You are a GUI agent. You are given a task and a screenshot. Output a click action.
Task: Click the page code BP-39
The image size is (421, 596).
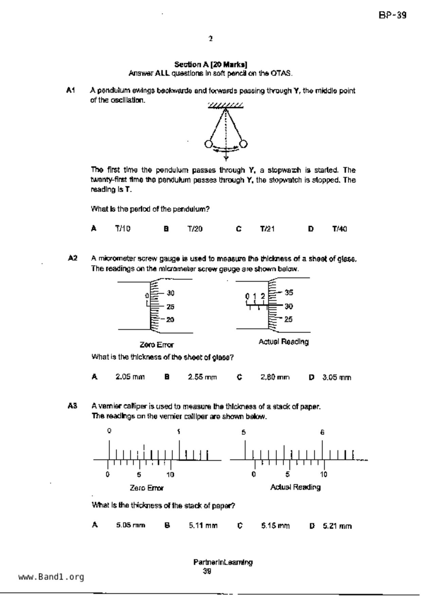(x=392, y=15)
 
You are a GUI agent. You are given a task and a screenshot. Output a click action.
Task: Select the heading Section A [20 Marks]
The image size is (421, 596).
(x=211, y=64)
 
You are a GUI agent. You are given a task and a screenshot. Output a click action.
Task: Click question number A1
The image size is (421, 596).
(x=70, y=90)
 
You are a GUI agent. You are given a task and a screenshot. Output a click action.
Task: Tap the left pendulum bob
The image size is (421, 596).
(x=209, y=144)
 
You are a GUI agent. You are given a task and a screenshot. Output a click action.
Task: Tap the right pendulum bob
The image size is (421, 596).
(x=243, y=144)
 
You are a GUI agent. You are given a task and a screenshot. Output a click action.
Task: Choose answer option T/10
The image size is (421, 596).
(x=123, y=229)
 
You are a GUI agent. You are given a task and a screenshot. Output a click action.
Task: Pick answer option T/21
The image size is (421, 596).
(x=267, y=229)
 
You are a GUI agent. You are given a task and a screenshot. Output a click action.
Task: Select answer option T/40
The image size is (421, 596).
(x=339, y=229)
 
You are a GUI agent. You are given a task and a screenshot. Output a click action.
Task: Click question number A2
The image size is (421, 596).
(x=72, y=258)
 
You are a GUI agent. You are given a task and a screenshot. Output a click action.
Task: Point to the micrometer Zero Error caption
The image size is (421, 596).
(x=157, y=345)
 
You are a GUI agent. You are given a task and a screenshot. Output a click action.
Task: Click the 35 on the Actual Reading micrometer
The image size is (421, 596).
(x=289, y=293)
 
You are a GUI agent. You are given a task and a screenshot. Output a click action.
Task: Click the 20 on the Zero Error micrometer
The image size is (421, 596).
(x=170, y=320)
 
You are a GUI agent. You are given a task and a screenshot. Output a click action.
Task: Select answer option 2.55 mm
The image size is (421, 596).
(x=202, y=377)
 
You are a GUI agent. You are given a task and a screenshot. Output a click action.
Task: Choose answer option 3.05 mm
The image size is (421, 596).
(x=337, y=377)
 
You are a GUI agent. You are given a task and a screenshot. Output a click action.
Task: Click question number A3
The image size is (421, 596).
(x=72, y=406)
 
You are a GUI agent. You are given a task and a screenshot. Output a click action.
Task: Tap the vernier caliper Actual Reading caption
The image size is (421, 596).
(x=295, y=487)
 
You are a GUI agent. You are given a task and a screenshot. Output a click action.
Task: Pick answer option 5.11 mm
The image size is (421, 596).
(x=203, y=526)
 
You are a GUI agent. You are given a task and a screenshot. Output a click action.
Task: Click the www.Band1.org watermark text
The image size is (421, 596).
(x=51, y=577)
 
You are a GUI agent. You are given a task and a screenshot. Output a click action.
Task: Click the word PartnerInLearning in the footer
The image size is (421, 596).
(x=223, y=562)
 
